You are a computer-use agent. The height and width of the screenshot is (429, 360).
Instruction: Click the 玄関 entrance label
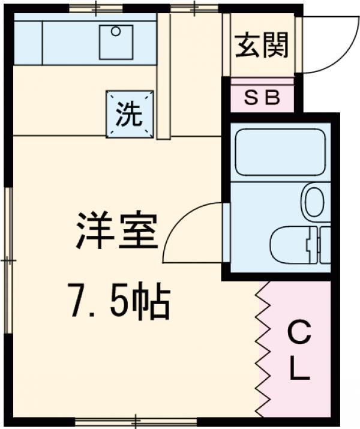click(x=262, y=45)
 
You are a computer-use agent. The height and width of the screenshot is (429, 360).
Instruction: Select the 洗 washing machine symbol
click(x=130, y=114)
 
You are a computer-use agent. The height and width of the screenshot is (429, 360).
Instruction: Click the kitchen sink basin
click(x=116, y=41)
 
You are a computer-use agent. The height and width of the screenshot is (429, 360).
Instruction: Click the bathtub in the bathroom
click(x=280, y=153)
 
